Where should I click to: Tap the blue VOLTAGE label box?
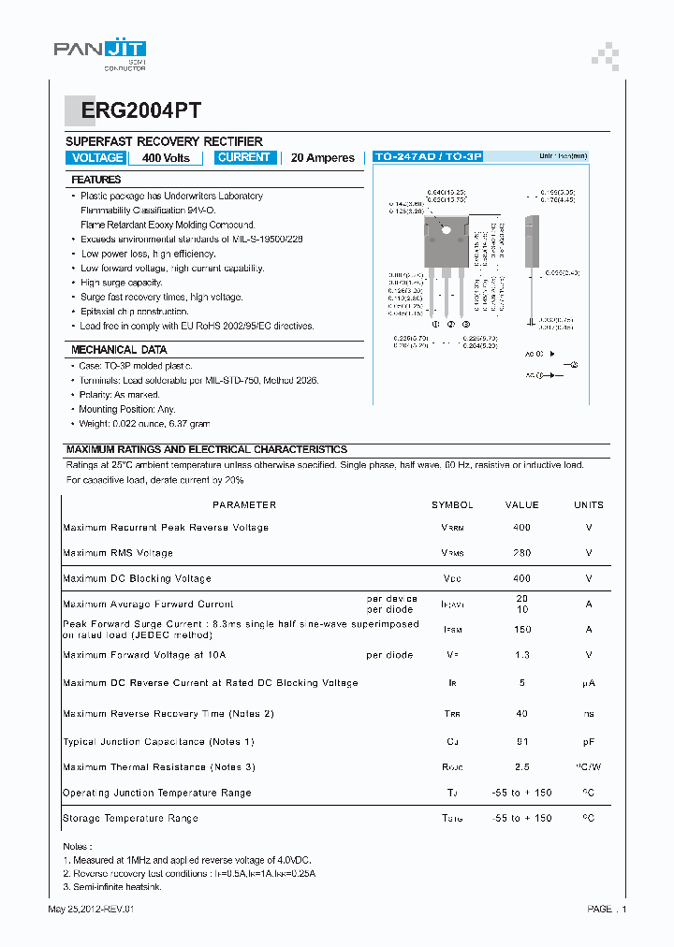[x=97, y=158]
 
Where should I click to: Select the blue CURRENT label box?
[x=243, y=158]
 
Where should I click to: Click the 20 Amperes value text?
[x=323, y=158]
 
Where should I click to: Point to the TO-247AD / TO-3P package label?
[x=427, y=157]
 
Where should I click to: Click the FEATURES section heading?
[x=96, y=180]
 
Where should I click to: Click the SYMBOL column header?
[x=452, y=505]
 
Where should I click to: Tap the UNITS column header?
[x=589, y=505]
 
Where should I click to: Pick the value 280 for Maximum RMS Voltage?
[x=521, y=553]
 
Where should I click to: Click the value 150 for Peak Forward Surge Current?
[x=521, y=630]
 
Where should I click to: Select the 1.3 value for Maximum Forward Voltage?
[x=521, y=655]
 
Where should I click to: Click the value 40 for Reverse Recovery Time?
[x=521, y=714]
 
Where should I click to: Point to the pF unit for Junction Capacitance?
[x=589, y=742]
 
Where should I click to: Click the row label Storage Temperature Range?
[x=130, y=818]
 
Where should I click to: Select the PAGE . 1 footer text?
[x=607, y=910]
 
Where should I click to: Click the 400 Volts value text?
[x=166, y=158]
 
